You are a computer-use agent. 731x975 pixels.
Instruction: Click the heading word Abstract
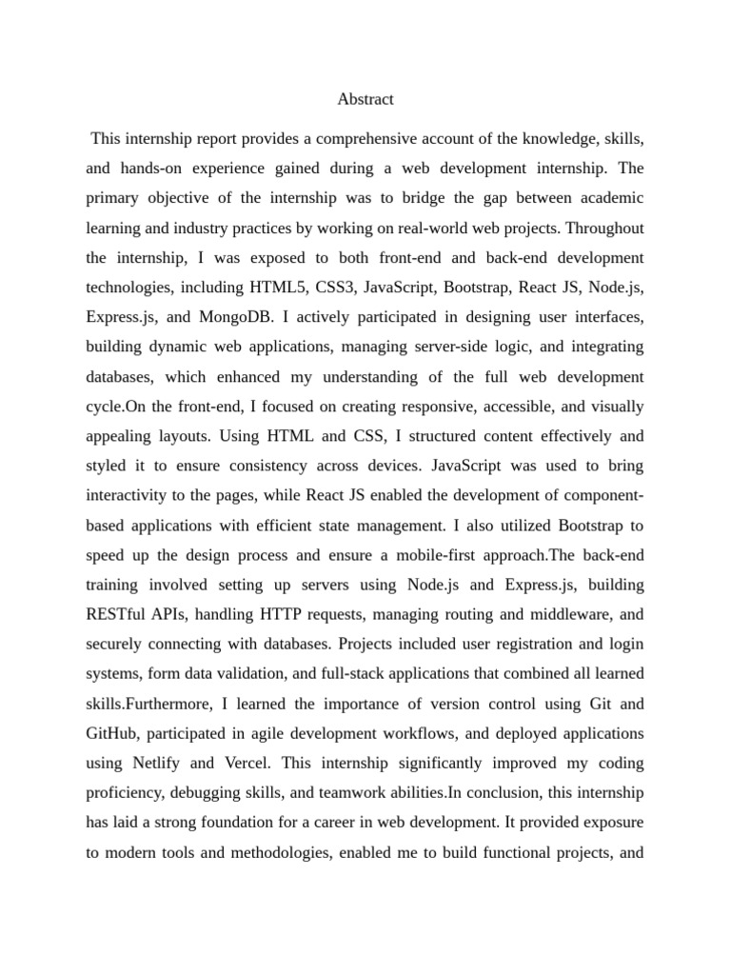pos(365,99)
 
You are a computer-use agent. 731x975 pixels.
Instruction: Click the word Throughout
pos(605,228)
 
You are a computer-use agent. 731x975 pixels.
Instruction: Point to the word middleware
pos(566,614)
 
